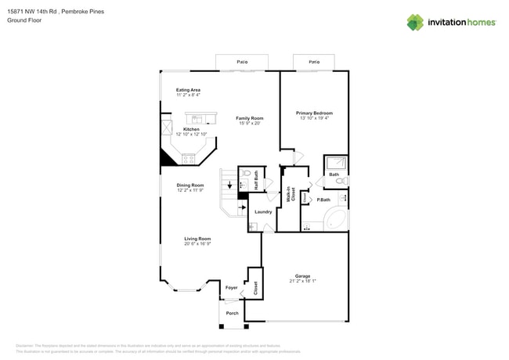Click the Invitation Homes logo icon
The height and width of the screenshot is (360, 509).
pyautogui.click(x=415, y=22)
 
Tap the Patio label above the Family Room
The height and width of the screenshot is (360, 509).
pyautogui.click(x=242, y=61)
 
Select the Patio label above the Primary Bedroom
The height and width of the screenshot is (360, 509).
pyautogui.click(x=314, y=61)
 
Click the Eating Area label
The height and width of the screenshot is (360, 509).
pyautogui.click(x=188, y=90)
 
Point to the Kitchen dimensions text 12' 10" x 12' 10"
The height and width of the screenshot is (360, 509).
pyautogui.click(x=191, y=134)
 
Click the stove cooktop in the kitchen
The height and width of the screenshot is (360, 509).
pyautogui.click(x=189, y=159)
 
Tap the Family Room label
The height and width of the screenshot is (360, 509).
pyautogui.click(x=250, y=118)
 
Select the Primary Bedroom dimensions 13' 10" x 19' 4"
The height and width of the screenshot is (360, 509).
pyautogui.click(x=314, y=118)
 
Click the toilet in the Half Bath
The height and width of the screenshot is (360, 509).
pyautogui.click(x=246, y=174)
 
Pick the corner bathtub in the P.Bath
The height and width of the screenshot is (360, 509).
pyautogui.click(x=338, y=220)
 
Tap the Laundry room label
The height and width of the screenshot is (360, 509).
pyautogui.click(x=263, y=211)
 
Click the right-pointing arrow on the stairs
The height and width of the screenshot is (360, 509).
pyautogui.click(x=241, y=207)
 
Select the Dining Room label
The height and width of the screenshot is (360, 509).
pyautogui.click(x=190, y=185)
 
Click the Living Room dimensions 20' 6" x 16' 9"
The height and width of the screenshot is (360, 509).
pyautogui.click(x=197, y=243)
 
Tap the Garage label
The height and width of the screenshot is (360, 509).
pyautogui.click(x=302, y=275)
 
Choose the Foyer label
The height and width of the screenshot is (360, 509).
pyautogui.click(x=231, y=288)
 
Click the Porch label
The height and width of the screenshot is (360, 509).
pyautogui.click(x=232, y=313)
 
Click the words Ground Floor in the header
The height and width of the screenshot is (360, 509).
pyautogui.click(x=24, y=20)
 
